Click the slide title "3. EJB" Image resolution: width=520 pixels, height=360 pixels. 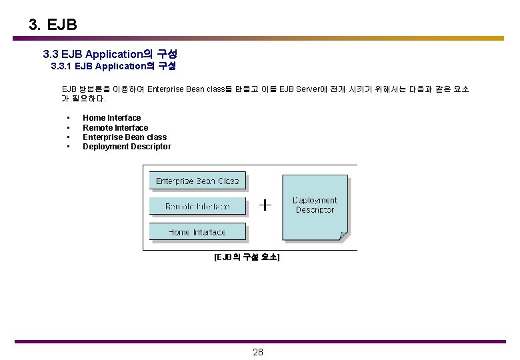pyautogui.click(x=53, y=25)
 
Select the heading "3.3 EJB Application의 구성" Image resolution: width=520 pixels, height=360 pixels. pyautogui.click(x=109, y=53)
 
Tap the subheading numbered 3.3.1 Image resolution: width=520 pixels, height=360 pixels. pyautogui.click(x=113, y=66)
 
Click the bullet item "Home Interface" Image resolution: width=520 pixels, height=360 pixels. pyautogui.click(x=111, y=118)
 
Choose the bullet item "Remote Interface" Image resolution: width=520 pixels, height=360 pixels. pyautogui.click(x=115, y=127)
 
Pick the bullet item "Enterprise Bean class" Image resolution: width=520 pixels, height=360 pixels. pyautogui.click(x=124, y=137)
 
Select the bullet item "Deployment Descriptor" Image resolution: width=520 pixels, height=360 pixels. pyautogui.click(x=127, y=147)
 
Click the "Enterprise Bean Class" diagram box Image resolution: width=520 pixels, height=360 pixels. pyautogui.click(x=197, y=181)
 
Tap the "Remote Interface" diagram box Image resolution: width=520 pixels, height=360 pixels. pyautogui.click(x=197, y=206)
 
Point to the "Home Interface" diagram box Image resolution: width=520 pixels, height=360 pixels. pyautogui.click(x=197, y=232)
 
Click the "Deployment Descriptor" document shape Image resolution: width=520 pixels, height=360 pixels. pyautogui.click(x=315, y=205)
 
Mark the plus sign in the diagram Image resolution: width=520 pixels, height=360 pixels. pyautogui.click(x=265, y=205)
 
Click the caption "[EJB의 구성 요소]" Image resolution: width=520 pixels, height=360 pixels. pyautogui.click(x=247, y=257)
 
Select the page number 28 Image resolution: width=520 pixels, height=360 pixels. pyautogui.click(x=258, y=352)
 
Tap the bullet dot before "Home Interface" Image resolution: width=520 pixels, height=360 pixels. pyautogui.click(x=69, y=118)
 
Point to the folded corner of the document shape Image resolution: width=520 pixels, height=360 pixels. pyautogui.click(x=343, y=234)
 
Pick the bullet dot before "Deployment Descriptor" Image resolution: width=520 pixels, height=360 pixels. pyautogui.click(x=69, y=147)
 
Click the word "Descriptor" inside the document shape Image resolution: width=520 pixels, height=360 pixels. pyautogui.click(x=315, y=210)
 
